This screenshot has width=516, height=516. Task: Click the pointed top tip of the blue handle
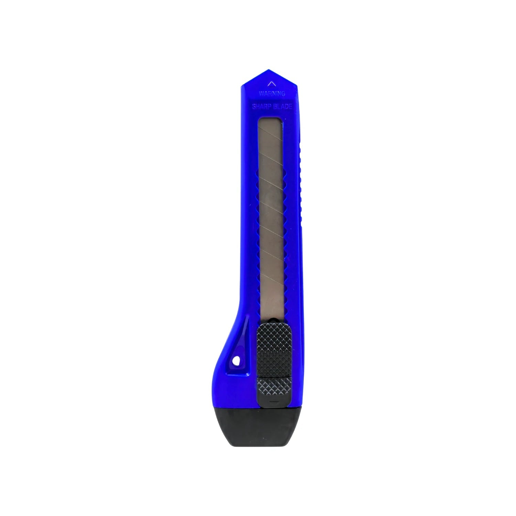(x=269, y=71)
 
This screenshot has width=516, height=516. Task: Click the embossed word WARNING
(x=272, y=93)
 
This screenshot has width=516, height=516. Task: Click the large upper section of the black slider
(x=274, y=347)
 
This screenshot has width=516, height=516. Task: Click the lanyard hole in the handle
(x=236, y=361)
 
